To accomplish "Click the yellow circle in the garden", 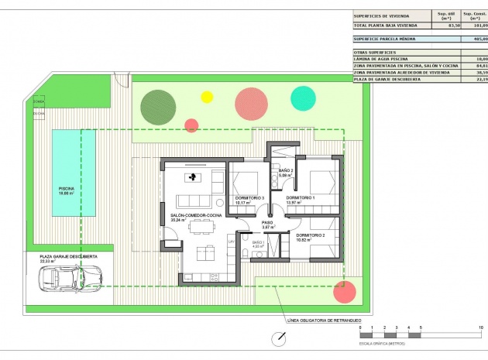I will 207,97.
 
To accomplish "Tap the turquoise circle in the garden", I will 302,98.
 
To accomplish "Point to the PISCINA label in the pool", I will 67,188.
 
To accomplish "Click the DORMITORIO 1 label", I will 301,197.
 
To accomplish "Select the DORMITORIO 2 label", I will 310,235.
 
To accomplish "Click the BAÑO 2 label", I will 285,170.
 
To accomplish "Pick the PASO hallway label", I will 267,222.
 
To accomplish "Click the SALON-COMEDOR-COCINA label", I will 191,214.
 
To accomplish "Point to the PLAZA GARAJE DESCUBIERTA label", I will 68,255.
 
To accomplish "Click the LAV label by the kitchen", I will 231,242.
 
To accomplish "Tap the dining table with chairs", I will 201,226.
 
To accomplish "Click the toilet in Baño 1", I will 246,253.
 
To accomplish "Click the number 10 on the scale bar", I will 481,328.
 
